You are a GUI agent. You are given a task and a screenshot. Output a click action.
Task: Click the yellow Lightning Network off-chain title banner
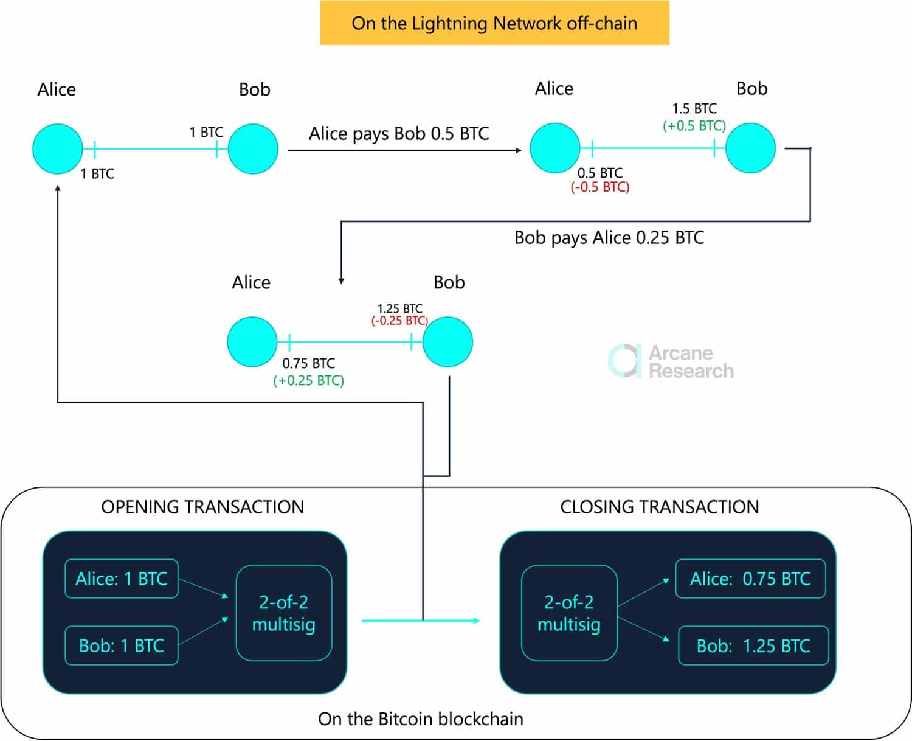tap(494, 23)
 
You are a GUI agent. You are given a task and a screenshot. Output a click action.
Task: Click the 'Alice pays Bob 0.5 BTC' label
tap(399, 133)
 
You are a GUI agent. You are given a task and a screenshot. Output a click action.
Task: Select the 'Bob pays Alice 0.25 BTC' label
tap(609, 237)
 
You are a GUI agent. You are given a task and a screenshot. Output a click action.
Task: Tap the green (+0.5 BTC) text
tap(694, 126)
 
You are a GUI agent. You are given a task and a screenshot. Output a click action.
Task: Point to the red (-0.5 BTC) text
tap(599, 187)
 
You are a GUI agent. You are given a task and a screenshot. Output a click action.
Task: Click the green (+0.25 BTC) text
tap(308, 381)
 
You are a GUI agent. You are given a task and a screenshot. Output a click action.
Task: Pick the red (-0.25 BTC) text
tap(399, 321)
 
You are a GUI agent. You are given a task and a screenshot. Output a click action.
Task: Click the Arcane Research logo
tap(671, 361)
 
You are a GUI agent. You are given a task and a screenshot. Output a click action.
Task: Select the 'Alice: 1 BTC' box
tap(122, 579)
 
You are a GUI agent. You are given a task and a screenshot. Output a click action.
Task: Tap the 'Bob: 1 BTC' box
tap(122, 645)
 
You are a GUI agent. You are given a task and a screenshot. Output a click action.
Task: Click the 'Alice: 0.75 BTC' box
tap(750, 579)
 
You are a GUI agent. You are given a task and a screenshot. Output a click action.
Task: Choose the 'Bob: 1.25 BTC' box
tap(753, 645)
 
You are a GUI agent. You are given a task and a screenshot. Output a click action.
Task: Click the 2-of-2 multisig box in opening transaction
tap(284, 613)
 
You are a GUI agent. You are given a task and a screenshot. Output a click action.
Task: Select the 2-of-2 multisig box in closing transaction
tap(569, 613)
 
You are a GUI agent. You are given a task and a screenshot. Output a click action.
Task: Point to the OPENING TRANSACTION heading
tap(202, 507)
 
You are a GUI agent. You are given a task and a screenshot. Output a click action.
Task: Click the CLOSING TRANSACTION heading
tap(659, 507)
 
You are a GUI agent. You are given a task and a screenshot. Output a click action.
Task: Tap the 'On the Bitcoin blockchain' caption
tap(420, 719)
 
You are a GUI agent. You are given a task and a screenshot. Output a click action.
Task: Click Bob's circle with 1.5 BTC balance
tap(750, 148)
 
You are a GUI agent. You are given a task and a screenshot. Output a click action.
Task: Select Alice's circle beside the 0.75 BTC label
tap(252, 342)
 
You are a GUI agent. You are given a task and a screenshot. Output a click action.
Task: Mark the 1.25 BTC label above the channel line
tap(399, 308)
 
